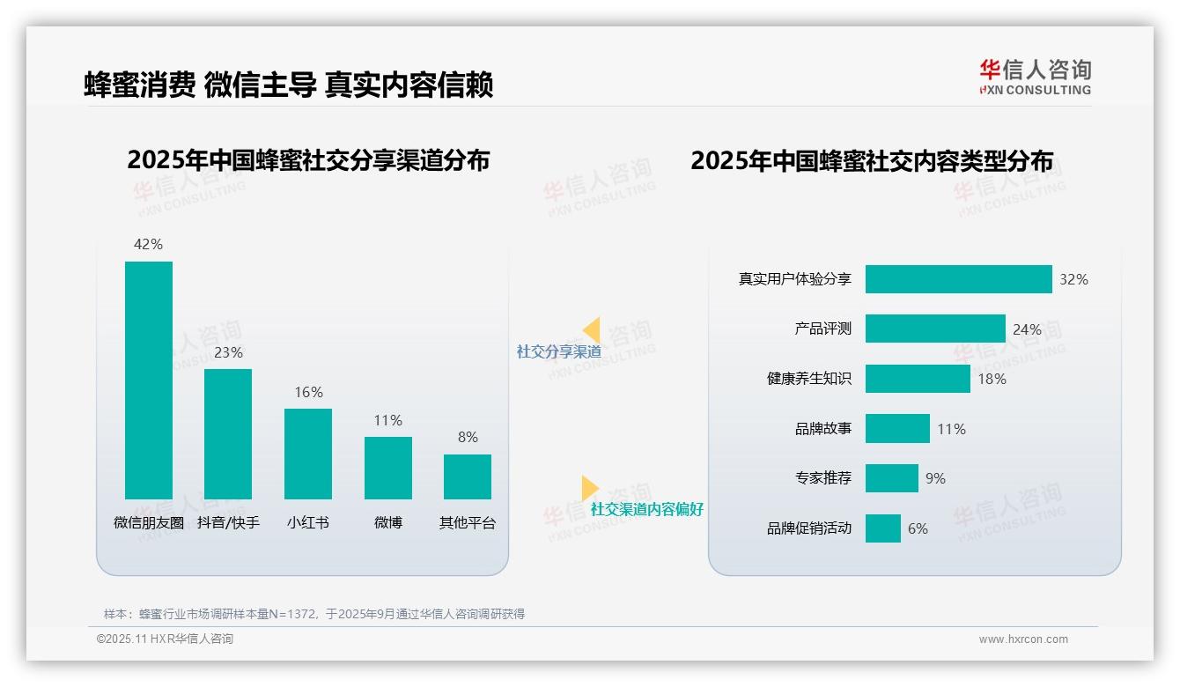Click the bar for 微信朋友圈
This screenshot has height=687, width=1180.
pyautogui.click(x=149, y=380)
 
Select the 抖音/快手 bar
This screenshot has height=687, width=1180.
pyautogui.click(x=228, y=433)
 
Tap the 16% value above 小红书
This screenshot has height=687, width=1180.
pyautogui.click(x=308, y=392)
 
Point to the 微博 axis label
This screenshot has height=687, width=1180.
pyautogui.click(x=387, y=522)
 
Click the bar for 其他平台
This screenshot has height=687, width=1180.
pyautogui.click(x=468, y=476)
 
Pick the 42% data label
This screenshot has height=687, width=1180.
pyautogui.click(x=148, y=244)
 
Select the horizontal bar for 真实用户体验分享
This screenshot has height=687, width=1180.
pyautogui.click(x=958, y=279)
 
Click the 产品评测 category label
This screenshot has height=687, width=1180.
pyautogui.click(x=822, y=329)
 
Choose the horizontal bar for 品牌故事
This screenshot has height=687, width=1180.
pyautogui.click(x=897, y=429)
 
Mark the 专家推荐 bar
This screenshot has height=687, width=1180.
pyautogui.click(x=891, y=478)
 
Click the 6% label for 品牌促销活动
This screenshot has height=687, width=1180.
pyautogui.click(x=918, y=528)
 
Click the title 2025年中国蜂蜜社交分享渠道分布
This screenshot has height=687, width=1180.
pyautogui.click(x=308, y=160)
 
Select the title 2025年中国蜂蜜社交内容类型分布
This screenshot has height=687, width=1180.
pyautogui.click(x=872, y=160)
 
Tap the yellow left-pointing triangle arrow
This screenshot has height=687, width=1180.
pyautogui.click(x=592, y=329)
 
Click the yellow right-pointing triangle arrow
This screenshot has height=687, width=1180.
pyautogui.click(x=589, y=488)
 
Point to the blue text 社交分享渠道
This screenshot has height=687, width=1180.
pyautogui.click(x=558, y=351)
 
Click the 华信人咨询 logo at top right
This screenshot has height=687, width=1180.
pyautogui.click(x=1035, y=77)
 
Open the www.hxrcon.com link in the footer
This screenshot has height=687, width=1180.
pyautogui.click(x=1022, y=639)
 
